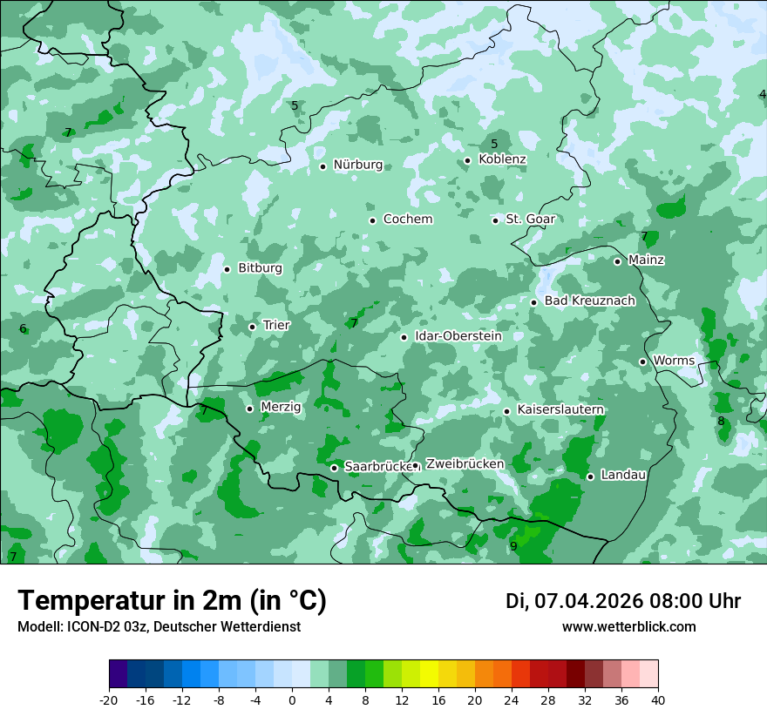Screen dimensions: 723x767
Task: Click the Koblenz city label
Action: click(x=502, y=159)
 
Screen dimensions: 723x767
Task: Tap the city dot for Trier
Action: click(x=252, y=327)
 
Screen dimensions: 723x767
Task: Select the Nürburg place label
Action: click(x=357, y=165)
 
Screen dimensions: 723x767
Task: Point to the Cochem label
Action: click(x=407, y=220)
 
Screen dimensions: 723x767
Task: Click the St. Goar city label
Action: click(x=530, y=220)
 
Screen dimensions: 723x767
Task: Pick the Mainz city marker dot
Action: click(x=617, y=261)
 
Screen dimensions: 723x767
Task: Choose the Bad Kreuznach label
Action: click(x=589, y=301)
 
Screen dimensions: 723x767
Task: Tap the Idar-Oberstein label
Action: click(x=458, y=336)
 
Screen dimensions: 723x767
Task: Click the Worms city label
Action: click(x=674, y=361)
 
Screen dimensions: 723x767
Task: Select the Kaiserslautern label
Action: click(x=560, y=409)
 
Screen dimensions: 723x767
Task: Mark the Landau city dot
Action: click(x=590, y=476)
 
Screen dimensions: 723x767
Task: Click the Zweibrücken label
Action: click(x=465, y=464)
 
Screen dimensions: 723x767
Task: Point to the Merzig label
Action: click(x=281, y=407)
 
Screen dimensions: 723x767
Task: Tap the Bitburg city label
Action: click(x=260, y=268)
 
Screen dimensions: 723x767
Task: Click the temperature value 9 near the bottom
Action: click(x=513, y=546)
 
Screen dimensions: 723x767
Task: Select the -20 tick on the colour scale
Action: click(x=109, y=700)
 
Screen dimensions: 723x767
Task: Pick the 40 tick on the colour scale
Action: click(x=657, y=700)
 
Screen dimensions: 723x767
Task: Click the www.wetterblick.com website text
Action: click(x=628, y=627)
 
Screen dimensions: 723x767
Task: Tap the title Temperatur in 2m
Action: click(x=172, y=600)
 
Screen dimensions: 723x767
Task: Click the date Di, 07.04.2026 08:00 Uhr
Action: click(x=623, y=601)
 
